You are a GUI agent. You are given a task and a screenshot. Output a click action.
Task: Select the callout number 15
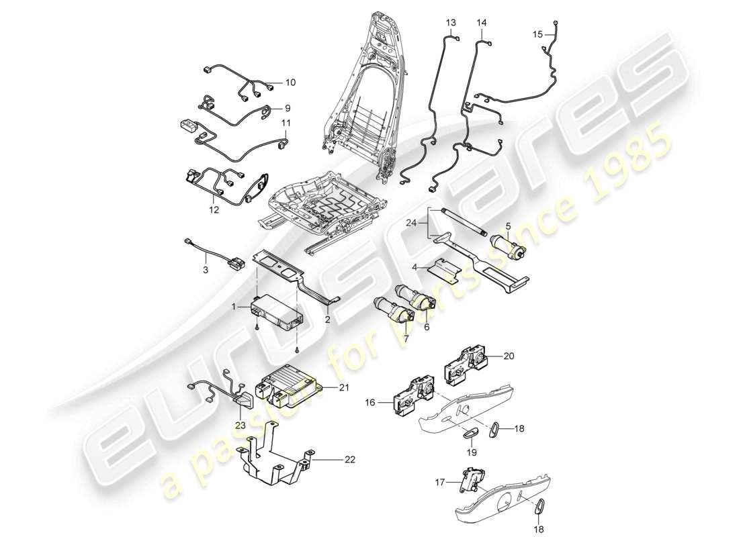tap(537, 33)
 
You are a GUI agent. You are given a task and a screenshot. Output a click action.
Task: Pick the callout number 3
tap(206, 269)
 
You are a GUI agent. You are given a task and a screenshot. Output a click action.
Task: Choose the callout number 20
tap(508, 356)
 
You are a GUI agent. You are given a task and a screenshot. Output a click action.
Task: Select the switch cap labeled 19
tap(470, 432)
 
